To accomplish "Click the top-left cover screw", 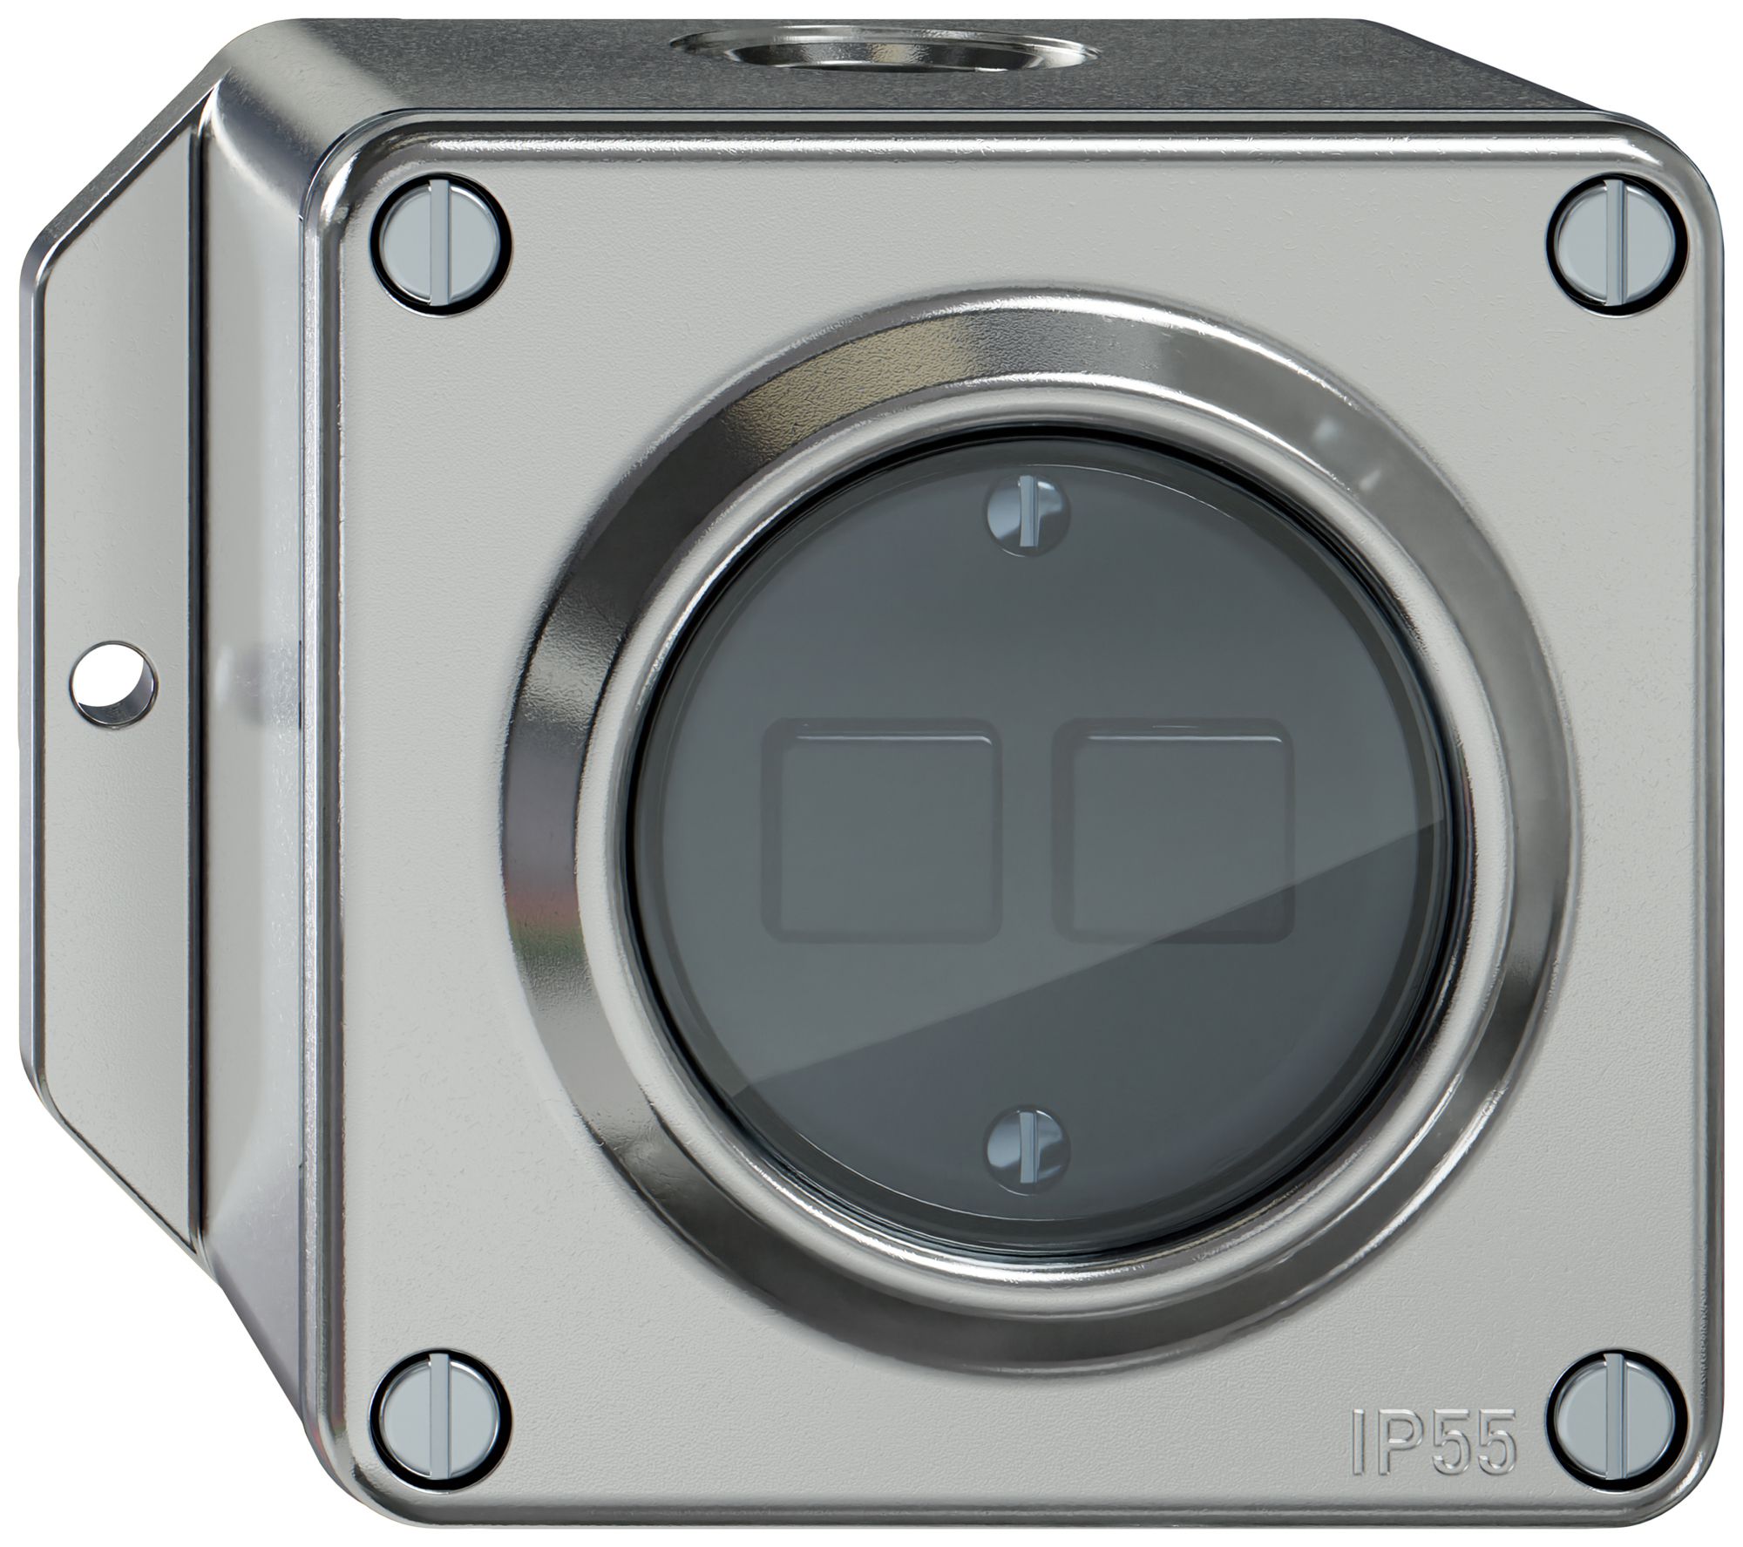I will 444,254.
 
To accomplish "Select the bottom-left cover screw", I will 444,1384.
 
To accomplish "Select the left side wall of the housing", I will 253,784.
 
